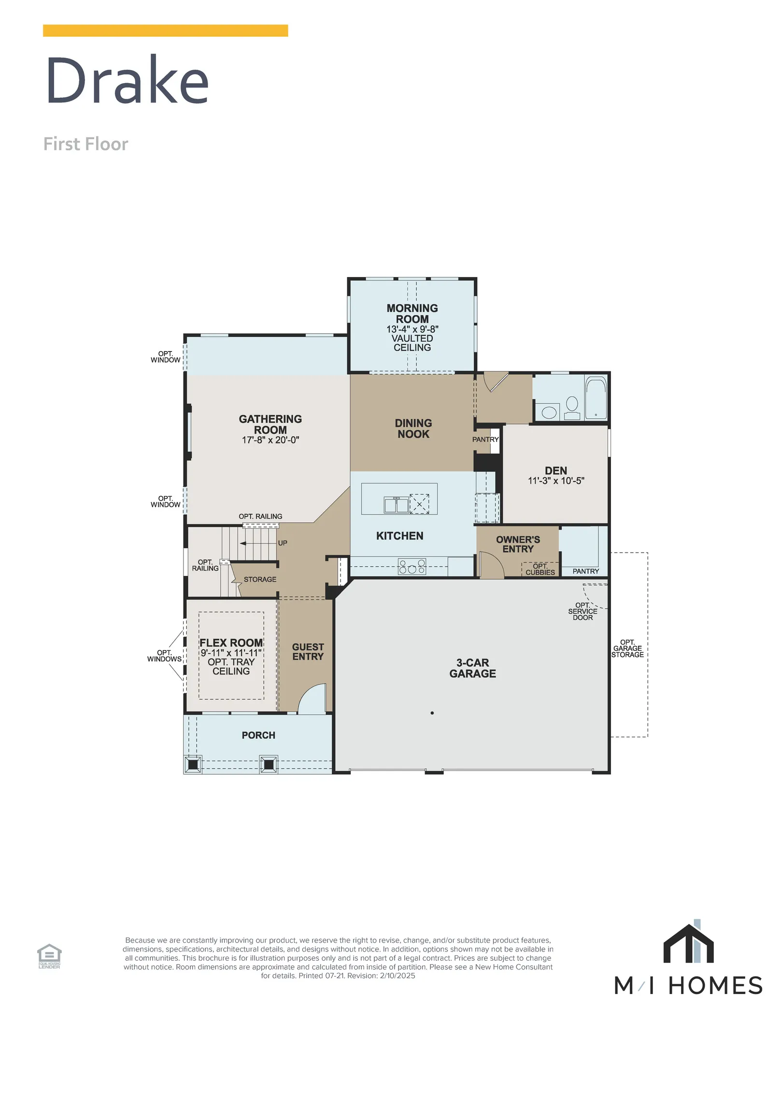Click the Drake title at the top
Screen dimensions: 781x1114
pos(127,80)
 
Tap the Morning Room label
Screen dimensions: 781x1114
pos(412,313)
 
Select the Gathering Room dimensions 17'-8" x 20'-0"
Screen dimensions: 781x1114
pos(270,440)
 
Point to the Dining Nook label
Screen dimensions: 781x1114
pos(413,428)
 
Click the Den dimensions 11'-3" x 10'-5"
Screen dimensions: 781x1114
pos(555,481)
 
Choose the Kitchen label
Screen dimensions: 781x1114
pos(399,536)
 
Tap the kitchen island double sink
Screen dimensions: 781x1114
pos(396,505)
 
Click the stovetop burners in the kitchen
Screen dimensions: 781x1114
pos(412,567)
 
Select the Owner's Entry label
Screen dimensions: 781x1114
pos(517,544)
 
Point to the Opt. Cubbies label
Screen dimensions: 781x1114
pos(540,569)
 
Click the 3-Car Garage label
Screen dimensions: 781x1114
pos(472,668)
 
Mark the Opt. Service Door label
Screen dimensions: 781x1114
pos(582,611)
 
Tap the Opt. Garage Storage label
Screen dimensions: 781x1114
pos(627,648)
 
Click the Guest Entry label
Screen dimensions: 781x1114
pos(308,652)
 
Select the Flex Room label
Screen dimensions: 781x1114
pos(231,643)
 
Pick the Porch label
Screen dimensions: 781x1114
pos(258,735)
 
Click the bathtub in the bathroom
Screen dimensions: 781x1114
pos(596,397)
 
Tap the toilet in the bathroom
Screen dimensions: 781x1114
pos(572,408)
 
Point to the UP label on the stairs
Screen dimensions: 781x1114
pos(282,543)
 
